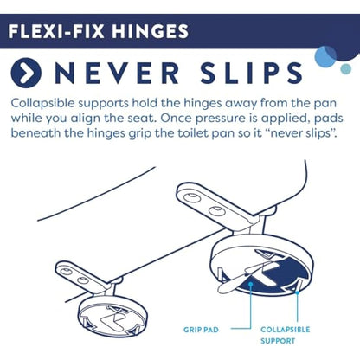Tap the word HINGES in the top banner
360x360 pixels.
pyautogui.click(x=146, y=33)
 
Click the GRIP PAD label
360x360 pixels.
pyautogui.click(x=202, y=330)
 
